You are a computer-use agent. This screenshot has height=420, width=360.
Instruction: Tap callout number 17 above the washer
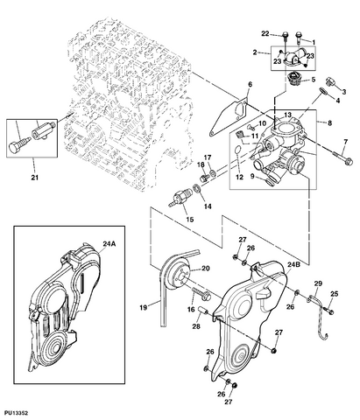click(x=208, y=158)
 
